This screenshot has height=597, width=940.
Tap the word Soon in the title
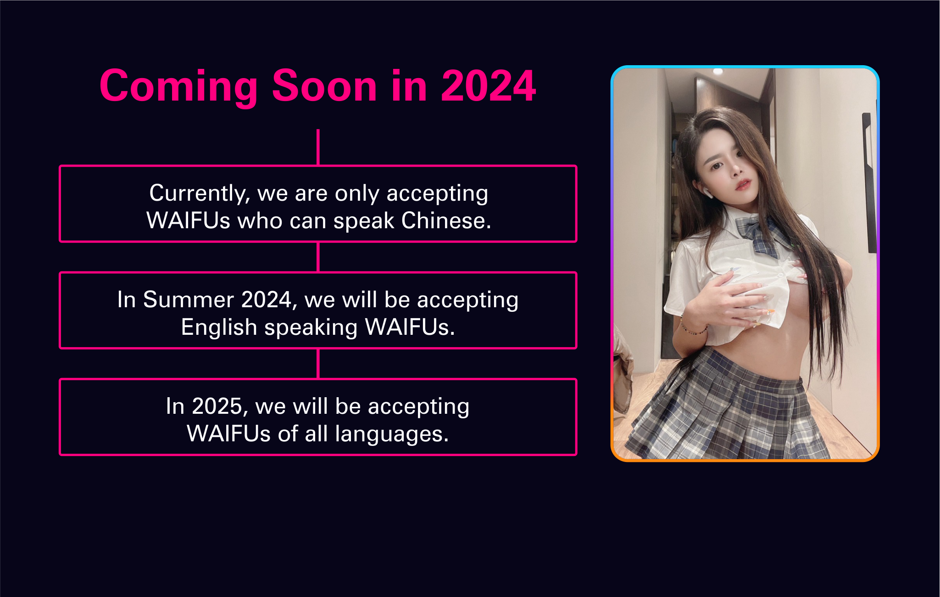click(x=325, y=86)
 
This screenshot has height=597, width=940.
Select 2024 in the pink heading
click(x=488, y=86)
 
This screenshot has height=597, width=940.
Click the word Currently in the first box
click(x=200, y=194)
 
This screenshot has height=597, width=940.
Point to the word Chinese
click(x=446, y=221)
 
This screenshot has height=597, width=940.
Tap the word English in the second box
click(x=219, y=328)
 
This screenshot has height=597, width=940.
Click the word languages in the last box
click(x=391, y=434)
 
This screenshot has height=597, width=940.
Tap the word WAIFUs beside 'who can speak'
click(x=188, y=221)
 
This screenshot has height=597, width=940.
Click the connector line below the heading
click(x=318, y=147)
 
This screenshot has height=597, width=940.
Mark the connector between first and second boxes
click(x=318, y=257)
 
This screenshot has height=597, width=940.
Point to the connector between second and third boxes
click(x=318, y=364)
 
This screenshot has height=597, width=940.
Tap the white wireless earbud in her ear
click(x=707, y=192)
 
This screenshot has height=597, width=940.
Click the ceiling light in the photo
click(x=718, y=71)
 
